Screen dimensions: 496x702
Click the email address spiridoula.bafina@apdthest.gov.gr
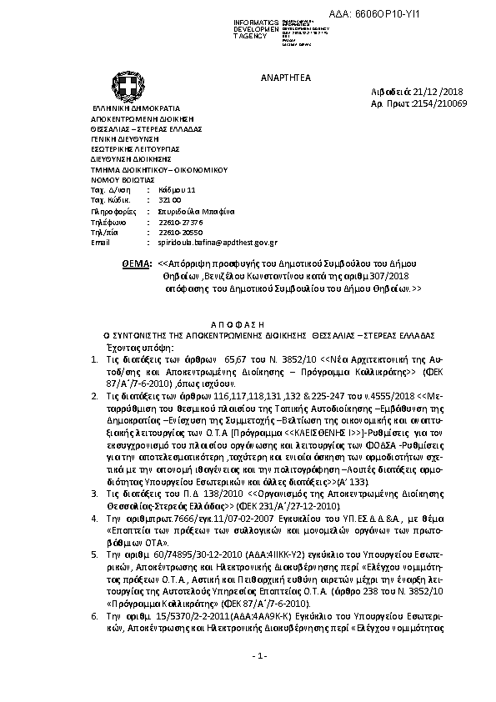tap(218, 242)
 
